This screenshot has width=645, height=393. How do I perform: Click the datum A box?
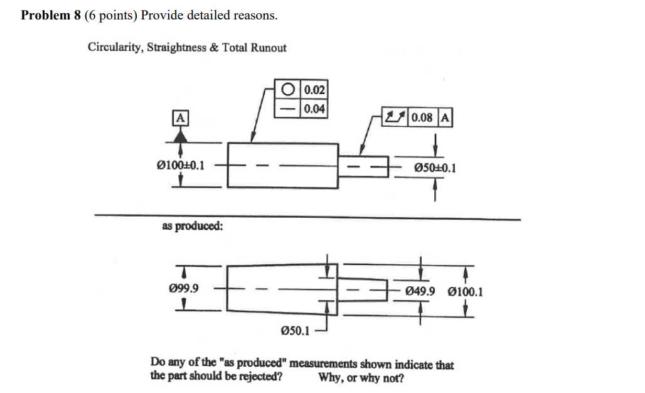(180, 117)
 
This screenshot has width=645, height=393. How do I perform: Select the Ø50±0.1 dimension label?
(435, 168)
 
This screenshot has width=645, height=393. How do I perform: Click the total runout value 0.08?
(424, 117)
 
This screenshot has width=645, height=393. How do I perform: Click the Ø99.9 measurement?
(184, 289)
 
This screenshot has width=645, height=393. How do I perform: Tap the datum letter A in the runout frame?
(445, 117)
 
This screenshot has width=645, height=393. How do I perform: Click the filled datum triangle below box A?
(180, 133)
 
